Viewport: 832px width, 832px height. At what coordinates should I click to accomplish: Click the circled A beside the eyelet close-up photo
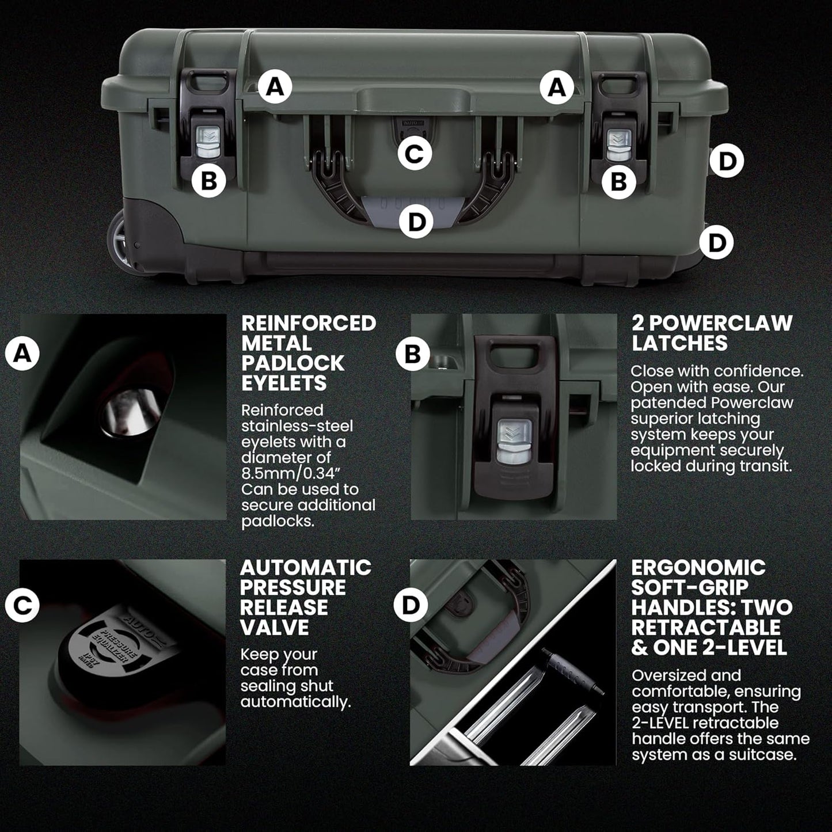pyautogui.click(x=22, y=353)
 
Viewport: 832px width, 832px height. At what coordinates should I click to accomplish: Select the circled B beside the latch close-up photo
pyautogui.click(x=413, y=353)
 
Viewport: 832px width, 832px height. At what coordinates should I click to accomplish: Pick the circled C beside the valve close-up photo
pyautogui.click(x=22, y=605)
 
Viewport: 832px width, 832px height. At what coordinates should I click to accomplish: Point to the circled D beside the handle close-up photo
pyautogui.click(x=412, y=605)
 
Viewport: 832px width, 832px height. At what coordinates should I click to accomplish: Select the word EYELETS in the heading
pyautogui.click(x=283, y=383)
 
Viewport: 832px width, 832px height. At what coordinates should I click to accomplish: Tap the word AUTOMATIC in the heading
pyautogui.click(x=305, y=568)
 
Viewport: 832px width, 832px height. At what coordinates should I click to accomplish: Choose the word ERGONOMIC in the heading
pyautogui.click(x=698, y=568)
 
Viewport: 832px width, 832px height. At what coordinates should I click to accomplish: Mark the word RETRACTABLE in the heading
pyautogui.click(x=706, y=628)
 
